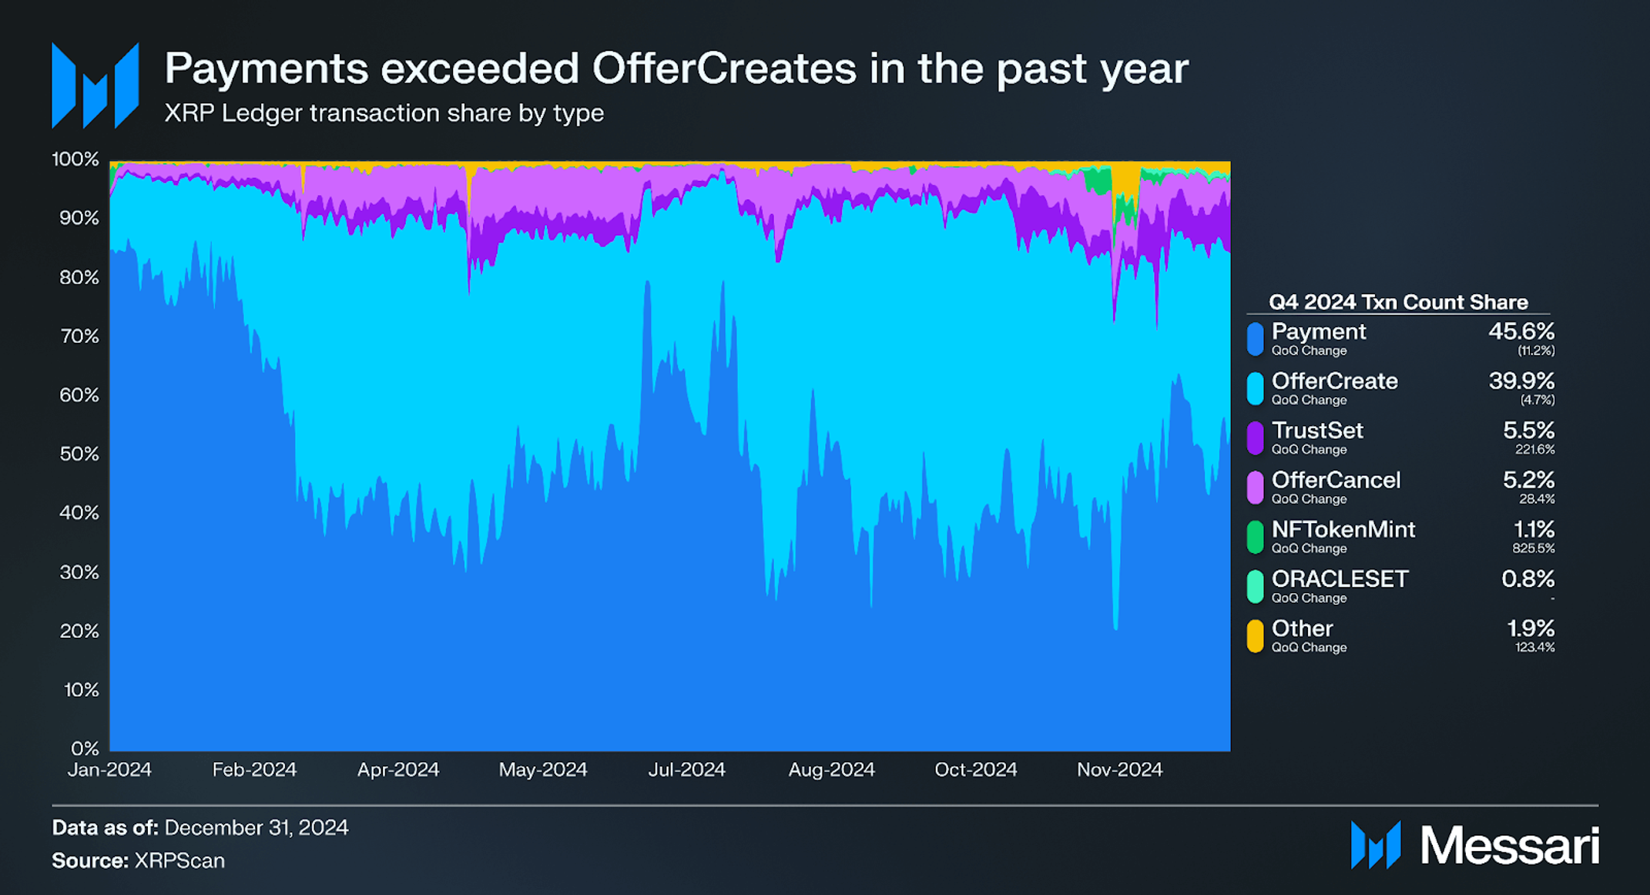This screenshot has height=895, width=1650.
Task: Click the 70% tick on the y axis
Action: (79, 336)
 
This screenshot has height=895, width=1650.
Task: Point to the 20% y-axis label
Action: (79, 631)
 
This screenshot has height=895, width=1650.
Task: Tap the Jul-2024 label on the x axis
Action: (686, 769)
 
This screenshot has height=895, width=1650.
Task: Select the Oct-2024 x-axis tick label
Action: (975, 769)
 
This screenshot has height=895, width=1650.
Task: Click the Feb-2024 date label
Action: (254, 769)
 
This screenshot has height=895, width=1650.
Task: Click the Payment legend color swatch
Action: (1255, 339)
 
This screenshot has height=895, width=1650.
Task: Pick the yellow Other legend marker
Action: (1255, 636)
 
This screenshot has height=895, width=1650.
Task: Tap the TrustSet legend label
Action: (1316, 430)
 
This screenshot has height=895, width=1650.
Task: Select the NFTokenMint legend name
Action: (1343, 529)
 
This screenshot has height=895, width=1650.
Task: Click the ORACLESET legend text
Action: (1340, 578)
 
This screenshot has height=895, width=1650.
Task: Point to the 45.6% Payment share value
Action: (1521, 331)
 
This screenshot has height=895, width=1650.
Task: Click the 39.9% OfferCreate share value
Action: (1521, 380)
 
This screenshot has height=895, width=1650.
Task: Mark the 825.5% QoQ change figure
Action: (1533, 548)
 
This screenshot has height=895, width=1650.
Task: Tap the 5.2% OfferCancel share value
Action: (1528, 480)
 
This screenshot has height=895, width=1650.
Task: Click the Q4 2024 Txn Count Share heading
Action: (1397, 302)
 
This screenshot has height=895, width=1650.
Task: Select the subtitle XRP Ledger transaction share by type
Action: (384, 113)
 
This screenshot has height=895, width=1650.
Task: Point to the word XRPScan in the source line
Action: (179, 860)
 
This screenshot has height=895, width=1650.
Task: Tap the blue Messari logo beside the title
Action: (95, 85)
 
